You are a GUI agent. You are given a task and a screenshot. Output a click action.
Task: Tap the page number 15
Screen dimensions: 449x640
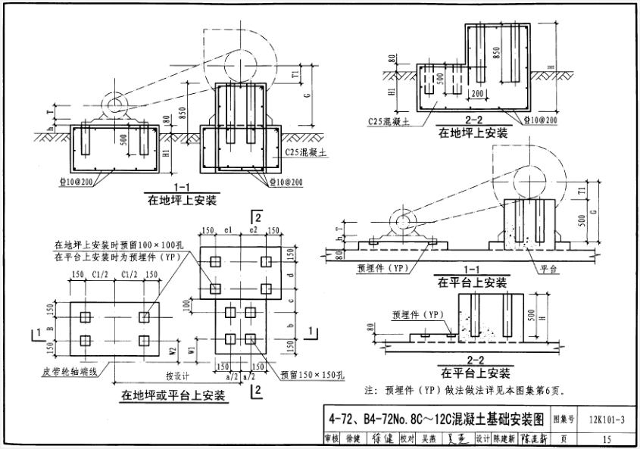[x=606, y=438]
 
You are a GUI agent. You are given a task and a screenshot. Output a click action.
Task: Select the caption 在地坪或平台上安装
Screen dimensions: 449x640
[x=172, y=394]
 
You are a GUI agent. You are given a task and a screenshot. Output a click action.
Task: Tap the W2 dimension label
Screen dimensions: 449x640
[x=173, y=350]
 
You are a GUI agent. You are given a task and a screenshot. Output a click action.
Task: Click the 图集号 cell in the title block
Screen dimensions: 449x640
[x=564, y=417]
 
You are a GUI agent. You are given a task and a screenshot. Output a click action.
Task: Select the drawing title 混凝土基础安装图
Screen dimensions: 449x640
[x=436, y=417]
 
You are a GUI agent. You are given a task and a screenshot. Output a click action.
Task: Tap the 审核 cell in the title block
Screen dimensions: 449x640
[x=330, y=438]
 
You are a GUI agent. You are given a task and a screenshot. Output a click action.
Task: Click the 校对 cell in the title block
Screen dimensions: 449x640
[x=407, y=438]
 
